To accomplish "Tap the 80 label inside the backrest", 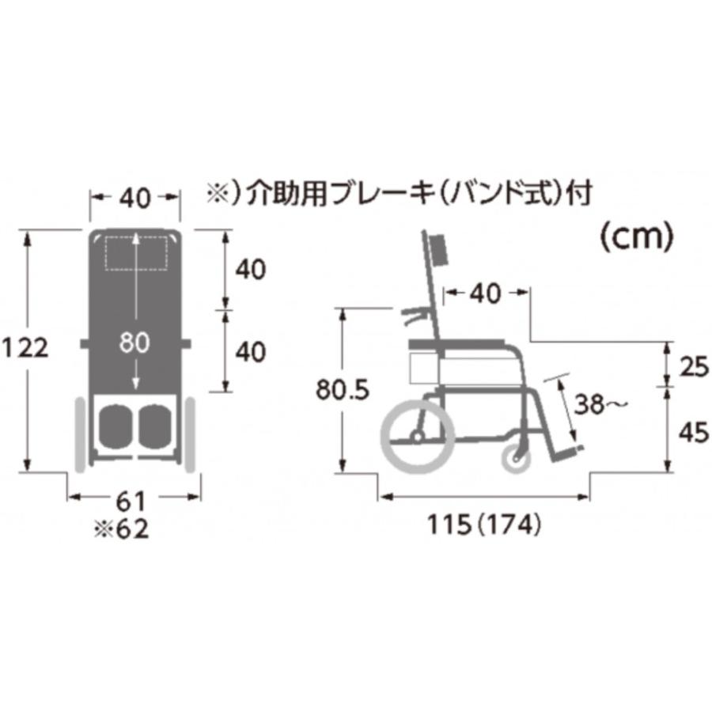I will coord(136,343).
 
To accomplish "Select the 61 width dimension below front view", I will coord(131,500).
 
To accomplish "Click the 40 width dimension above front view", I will coord(134,199).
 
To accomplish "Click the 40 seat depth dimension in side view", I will coord(484,294).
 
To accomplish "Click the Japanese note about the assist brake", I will coord(398,193).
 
